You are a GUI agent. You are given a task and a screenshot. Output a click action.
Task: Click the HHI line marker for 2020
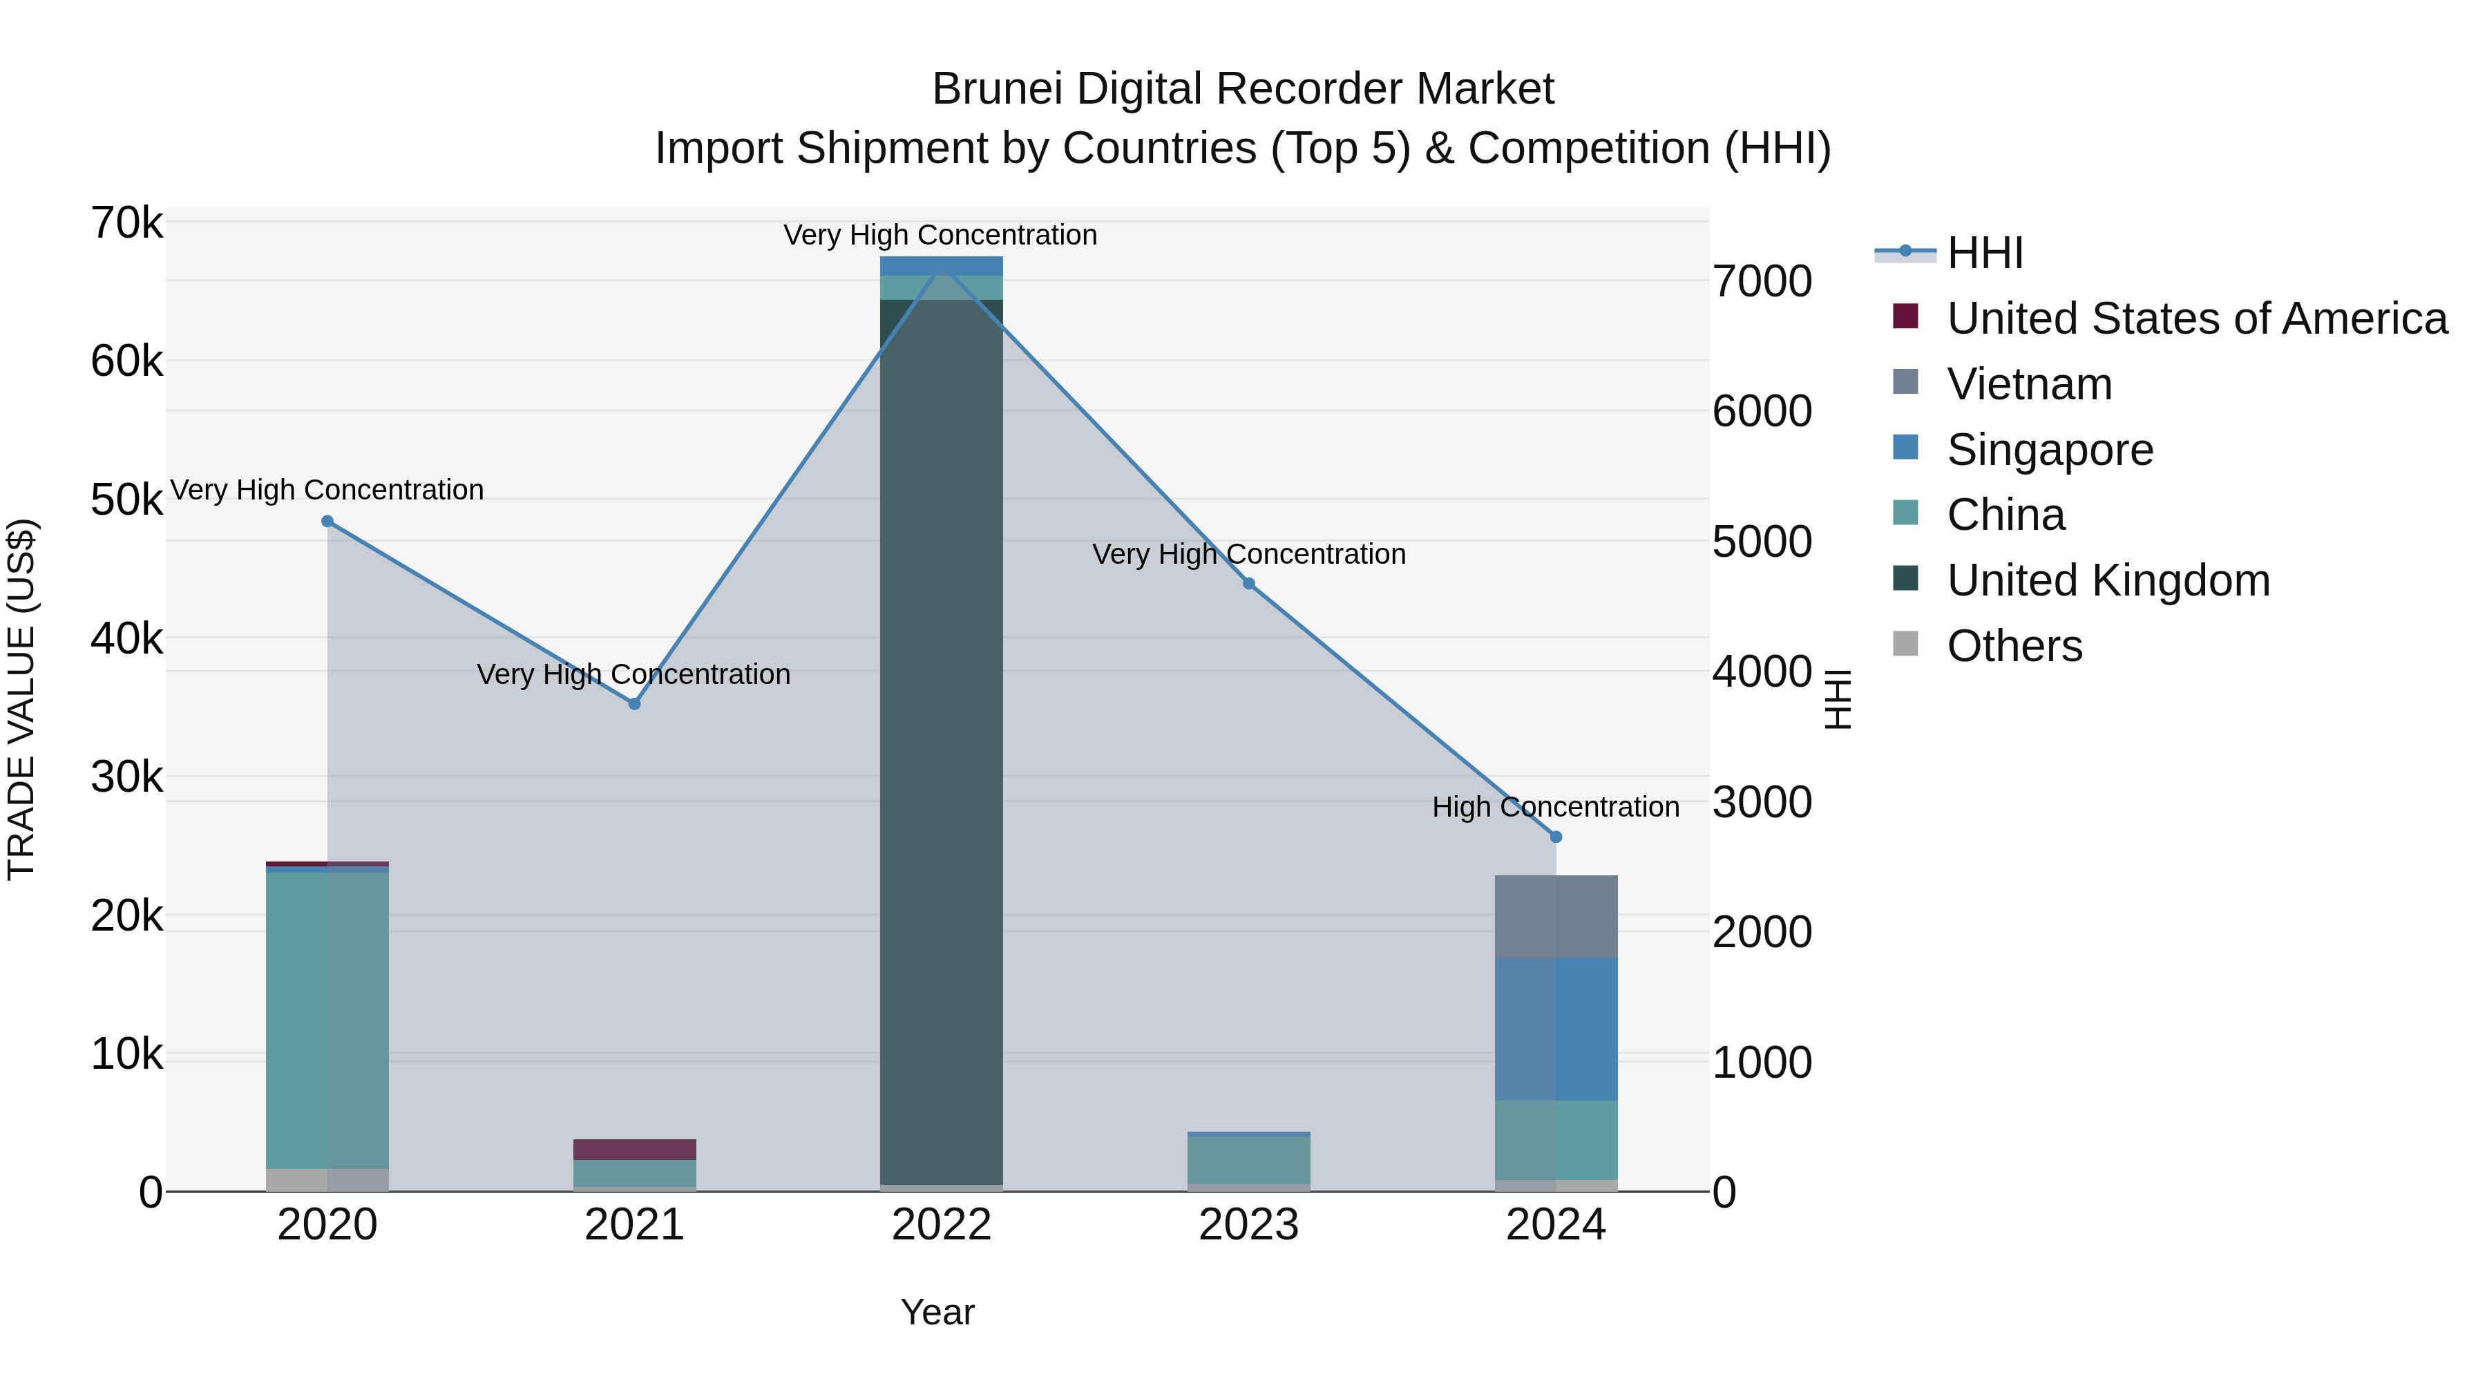point(327,522)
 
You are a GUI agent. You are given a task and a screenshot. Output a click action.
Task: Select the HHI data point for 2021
point(634,704)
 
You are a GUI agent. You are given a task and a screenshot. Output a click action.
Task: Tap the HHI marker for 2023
point(1248,583)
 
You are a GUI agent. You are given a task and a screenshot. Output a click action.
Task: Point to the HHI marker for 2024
point(1555,837)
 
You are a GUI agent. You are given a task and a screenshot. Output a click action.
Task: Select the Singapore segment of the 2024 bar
point(1555,1028)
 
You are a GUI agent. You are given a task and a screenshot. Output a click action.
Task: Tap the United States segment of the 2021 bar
point(634,1149)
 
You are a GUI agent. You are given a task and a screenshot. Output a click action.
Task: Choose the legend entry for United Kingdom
point(2108,580)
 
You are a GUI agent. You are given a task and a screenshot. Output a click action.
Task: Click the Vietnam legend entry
point(2028,384)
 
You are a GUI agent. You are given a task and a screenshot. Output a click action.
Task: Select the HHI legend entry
point(1984,253)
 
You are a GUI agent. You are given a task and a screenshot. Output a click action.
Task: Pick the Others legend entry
point(2014,646)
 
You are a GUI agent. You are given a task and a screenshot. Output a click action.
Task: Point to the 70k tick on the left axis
point(126,223)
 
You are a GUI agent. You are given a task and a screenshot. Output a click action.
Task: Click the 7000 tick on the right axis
point(1762,281)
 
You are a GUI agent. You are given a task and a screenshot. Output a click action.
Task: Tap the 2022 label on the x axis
point(942,1225)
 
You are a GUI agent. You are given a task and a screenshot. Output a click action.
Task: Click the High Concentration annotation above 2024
point(1555,806)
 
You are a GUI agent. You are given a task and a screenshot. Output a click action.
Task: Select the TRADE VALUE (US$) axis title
point(21,699)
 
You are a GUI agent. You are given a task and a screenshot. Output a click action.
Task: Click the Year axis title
point(937,1312)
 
